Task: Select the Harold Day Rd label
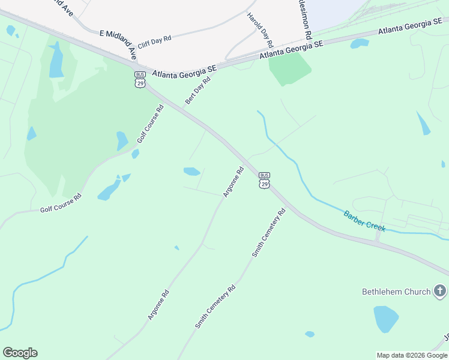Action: point(261,29)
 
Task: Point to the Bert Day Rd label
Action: point(198,91)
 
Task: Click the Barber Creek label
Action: point(364,221)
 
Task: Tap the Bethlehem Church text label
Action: point(396,292)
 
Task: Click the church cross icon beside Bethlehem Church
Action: point(441,292)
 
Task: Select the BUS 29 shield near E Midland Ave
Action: point(140,79)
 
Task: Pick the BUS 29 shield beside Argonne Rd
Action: point(264,180)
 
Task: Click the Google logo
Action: point(20,353)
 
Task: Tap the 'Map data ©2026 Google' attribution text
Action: point(411,355)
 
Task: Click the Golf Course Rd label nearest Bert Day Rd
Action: point(151,124)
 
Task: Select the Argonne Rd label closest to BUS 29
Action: point(234,182)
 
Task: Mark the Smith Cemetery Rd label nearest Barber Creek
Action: point(268,233)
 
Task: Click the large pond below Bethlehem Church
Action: point(385,318)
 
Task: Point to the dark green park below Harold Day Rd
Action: point(289,68)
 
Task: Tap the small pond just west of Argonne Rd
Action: point(191,172)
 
